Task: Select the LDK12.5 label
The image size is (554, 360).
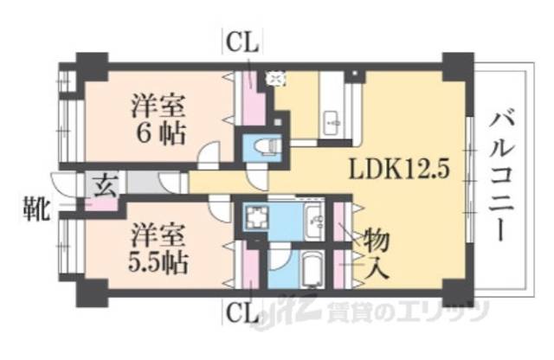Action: tap(399, 169)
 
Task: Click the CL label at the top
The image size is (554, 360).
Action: tap(245, 42)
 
